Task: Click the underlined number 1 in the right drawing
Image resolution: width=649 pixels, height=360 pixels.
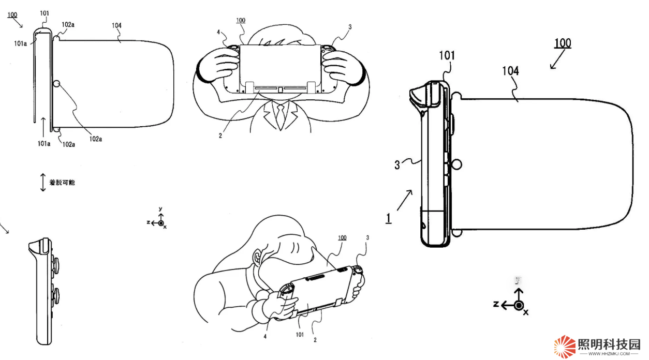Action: [x=388, y=218]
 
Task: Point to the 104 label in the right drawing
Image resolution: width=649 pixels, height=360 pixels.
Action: [x=510, y=71]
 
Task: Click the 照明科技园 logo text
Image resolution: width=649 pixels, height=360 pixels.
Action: [x=609, y=344]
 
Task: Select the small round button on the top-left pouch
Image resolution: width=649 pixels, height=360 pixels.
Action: [x=57, y=84]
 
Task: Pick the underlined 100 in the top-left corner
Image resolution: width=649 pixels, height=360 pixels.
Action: [x=11, y=14]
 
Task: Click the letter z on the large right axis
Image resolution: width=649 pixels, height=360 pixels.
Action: [x=496, y=304]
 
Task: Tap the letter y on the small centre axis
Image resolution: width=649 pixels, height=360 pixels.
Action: [x=161, y=209]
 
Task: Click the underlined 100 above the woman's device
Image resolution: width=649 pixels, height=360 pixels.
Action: [x=342, y=238]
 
